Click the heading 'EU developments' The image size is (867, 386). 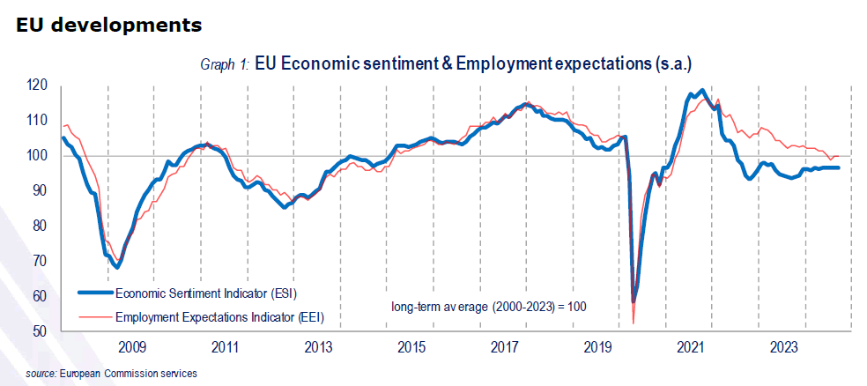coord(108,25)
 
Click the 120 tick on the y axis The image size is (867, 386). coord(36,85)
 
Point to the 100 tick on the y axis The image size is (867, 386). coord(36,156)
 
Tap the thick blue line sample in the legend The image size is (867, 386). coord(94,292)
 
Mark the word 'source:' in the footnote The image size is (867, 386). coord(41,374)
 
